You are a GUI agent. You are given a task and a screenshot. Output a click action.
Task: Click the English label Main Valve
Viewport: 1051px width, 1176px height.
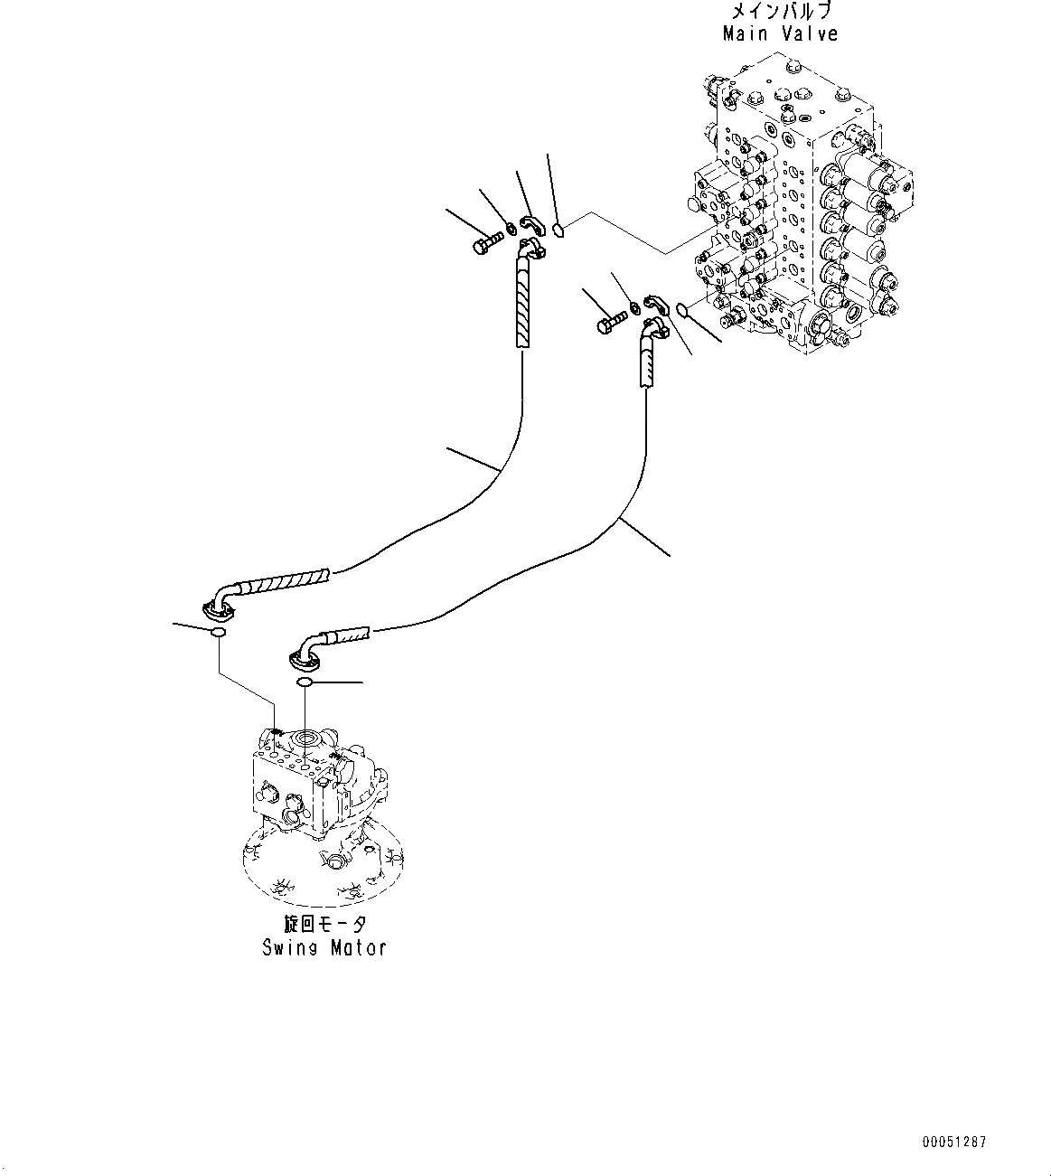coord(780,34)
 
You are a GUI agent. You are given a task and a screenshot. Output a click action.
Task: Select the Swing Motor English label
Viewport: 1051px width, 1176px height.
coord(324,947)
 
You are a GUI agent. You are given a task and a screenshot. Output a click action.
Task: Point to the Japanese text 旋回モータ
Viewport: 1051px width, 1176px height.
coord(324,924)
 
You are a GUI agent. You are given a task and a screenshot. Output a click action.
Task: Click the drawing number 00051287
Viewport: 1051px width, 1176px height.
coord(955,1143)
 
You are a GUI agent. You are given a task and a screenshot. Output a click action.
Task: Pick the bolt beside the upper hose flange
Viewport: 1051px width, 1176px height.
coord(485,242)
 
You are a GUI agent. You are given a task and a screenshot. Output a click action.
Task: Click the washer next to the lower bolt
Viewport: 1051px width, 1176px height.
coord(636,309)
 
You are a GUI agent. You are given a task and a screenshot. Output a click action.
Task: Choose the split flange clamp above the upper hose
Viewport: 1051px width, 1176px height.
coord(530,223)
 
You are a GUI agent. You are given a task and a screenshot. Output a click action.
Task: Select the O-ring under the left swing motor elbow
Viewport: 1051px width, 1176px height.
coord(218,633)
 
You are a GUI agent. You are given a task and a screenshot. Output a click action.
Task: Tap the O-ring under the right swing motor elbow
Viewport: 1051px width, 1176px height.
coord(305,682)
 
